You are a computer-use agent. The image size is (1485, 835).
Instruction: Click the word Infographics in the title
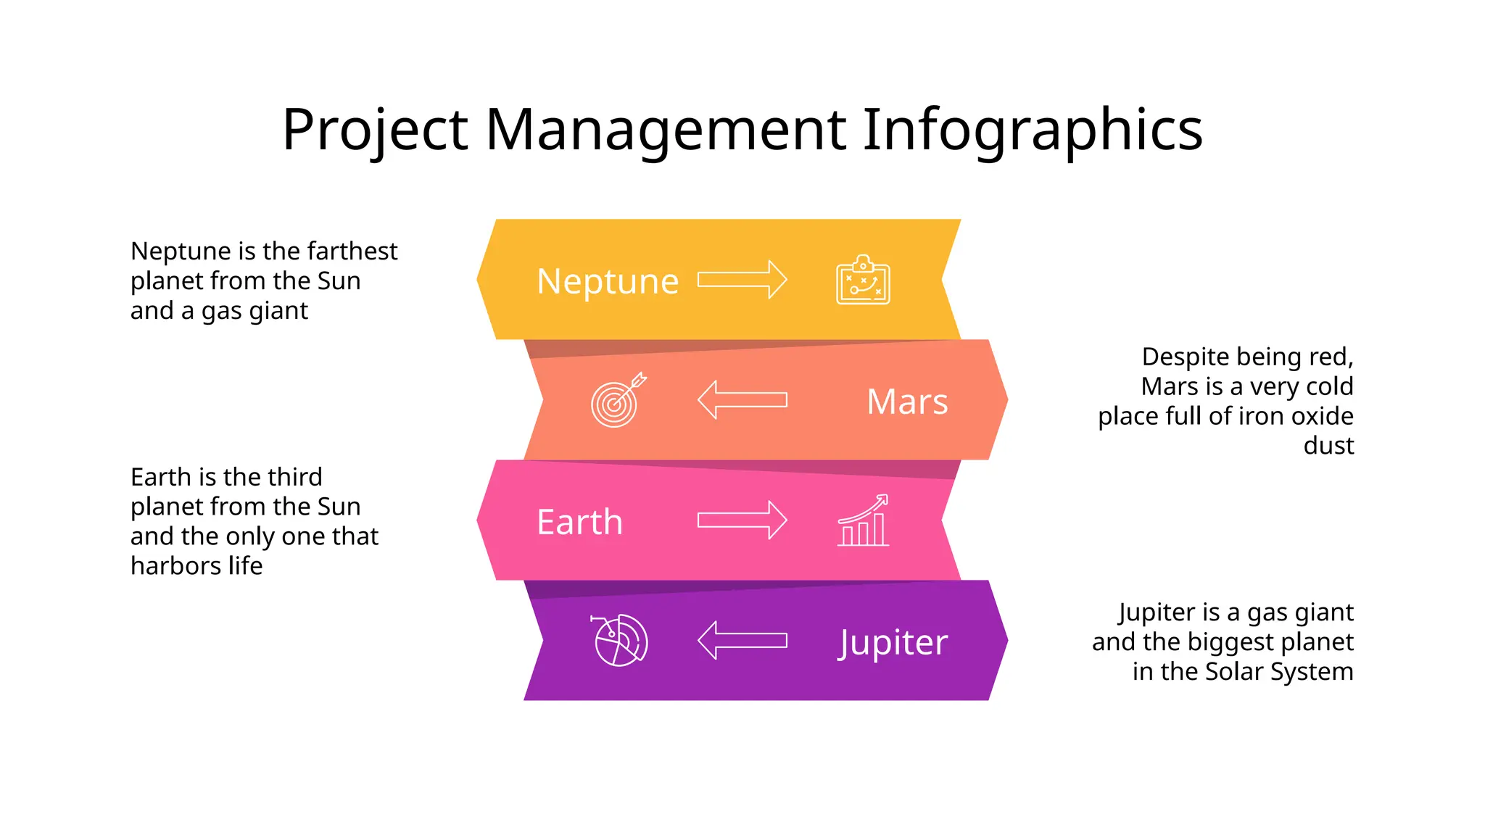tap(1033, 130)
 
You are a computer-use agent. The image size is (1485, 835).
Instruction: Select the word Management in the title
tap(666, 130)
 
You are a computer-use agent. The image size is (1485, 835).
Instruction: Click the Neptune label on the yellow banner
tap(608, 281)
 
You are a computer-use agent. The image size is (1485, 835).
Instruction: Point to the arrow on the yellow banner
tap(742, 280)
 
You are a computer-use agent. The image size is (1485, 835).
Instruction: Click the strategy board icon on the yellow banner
tap(863, 281)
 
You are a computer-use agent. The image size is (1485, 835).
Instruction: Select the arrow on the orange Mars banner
tap(742, 400)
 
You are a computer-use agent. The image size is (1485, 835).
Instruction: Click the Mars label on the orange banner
tap(907, 402)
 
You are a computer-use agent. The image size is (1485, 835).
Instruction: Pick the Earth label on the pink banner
tap(579, 522)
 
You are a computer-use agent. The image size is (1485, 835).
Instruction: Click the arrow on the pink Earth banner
tap(742, 520)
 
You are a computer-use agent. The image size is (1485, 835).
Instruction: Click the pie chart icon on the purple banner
tap(620, 640)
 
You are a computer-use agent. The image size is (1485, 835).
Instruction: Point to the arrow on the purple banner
tap(742, 641)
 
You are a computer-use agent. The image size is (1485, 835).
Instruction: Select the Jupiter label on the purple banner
tap(893, 643)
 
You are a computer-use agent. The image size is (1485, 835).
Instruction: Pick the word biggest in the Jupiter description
tap(1230, 642)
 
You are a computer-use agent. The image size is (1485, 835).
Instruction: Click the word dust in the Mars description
tap(1328, 446)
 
